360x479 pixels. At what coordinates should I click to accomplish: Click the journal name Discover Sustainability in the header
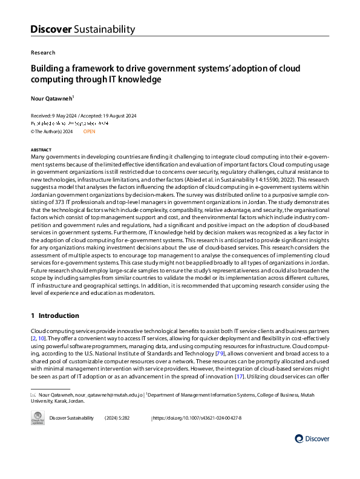coord(82,29)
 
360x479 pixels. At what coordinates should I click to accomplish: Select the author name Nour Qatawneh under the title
coord(52,97)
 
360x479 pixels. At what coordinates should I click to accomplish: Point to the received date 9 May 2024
coord(61,115)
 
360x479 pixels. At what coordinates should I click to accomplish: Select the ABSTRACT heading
coord(41,149)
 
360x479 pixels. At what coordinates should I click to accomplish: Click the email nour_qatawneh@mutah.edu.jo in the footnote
coord(106,394)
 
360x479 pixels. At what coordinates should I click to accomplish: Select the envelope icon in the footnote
coord(33,394)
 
